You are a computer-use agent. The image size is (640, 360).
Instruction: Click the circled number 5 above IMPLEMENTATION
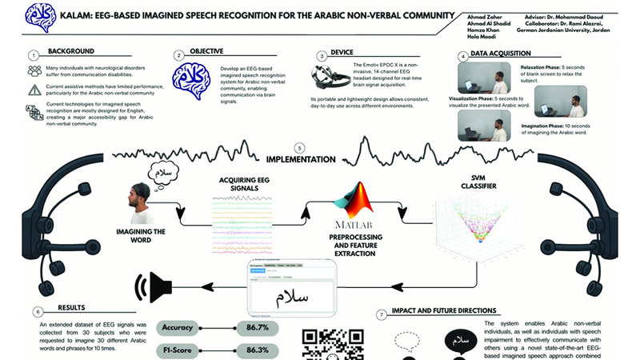coord(299,148)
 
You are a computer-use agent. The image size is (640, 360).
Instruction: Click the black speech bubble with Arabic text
coord(458,343)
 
